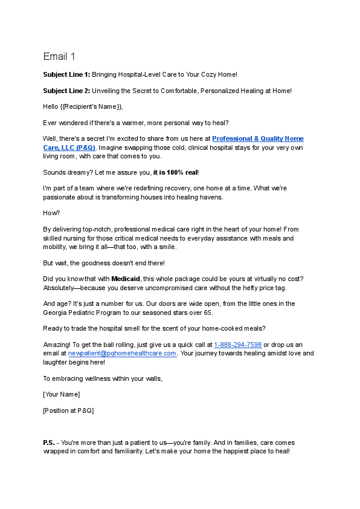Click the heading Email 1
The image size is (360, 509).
[x=59, y=57]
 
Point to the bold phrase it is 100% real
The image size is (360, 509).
[x=179, y=172]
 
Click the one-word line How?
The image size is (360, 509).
[x=51, y=213]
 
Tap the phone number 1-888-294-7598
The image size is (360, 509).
[x=238, y=345]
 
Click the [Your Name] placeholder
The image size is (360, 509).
[x=61, y=394]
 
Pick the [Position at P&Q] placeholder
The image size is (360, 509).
[x=68, y=410]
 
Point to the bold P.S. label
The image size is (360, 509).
[x=49, y=443]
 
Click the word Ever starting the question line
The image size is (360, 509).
[x=50, y=123]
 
